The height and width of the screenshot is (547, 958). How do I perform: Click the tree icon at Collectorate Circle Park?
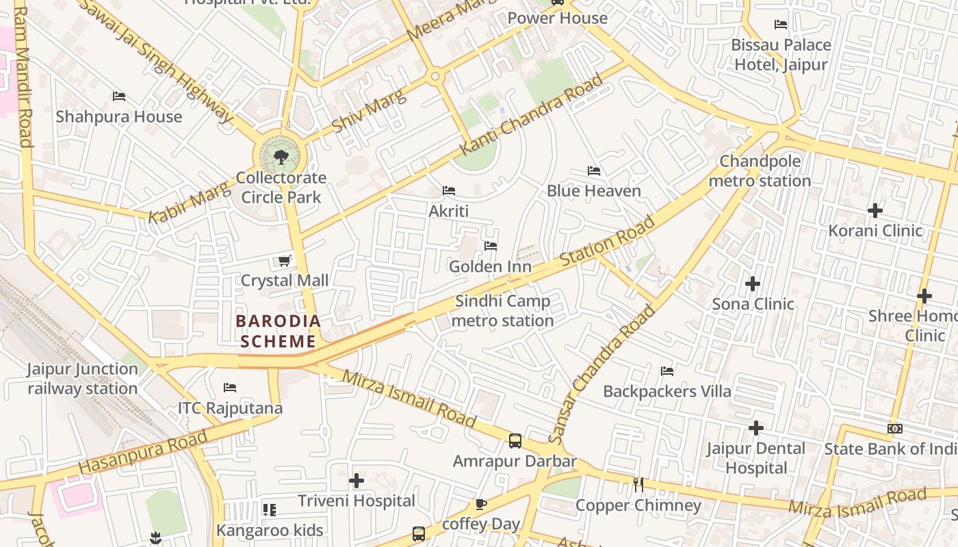281,158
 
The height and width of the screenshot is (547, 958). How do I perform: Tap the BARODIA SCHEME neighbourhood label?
278,331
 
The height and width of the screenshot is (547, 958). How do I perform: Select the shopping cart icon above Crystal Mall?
284,261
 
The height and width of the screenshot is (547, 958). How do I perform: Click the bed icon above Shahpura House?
119,96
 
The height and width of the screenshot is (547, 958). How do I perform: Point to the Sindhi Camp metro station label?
503,311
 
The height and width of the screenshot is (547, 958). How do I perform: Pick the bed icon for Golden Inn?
490,246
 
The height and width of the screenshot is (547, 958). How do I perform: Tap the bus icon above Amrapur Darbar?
515,441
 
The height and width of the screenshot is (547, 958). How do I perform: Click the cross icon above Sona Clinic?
753,283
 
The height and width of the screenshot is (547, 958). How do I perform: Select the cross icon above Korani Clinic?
875,211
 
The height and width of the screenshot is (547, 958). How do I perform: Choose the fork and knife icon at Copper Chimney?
638,485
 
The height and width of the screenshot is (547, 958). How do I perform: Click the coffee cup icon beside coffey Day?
481,505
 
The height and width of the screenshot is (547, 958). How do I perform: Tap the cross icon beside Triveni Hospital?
357,481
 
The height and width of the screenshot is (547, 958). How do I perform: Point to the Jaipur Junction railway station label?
82,379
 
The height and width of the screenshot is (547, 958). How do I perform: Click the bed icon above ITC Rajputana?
230,388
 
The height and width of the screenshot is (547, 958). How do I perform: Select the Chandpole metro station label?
760,172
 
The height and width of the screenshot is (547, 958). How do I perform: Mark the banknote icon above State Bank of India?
894,429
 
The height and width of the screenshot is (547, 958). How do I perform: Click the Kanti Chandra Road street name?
532,114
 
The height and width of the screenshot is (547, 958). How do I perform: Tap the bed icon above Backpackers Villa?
667,371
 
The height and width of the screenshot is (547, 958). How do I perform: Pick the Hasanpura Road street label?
142,453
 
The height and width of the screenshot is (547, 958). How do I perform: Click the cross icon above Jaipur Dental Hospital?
755,428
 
